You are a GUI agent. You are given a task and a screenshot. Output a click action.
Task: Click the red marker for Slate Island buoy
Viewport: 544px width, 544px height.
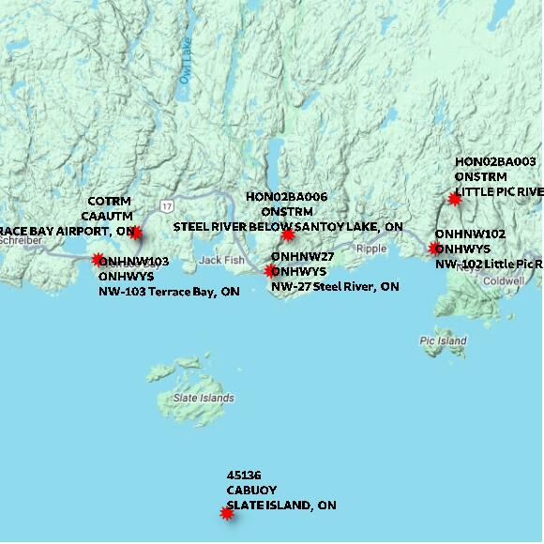(226, 513)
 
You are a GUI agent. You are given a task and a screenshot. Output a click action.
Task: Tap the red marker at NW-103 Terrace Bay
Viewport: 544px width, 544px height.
(98, 260)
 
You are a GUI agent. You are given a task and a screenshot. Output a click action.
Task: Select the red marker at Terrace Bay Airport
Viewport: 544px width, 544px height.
(136, 232)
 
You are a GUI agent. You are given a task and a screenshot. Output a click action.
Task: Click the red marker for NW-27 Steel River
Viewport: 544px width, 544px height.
(271, 271)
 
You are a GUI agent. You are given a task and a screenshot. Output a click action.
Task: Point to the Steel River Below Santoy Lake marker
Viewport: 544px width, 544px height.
(288, 234)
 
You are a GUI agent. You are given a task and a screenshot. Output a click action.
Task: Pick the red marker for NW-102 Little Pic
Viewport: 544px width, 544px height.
(434, 249)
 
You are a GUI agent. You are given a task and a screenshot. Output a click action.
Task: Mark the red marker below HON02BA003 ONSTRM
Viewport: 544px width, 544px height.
(455, 198)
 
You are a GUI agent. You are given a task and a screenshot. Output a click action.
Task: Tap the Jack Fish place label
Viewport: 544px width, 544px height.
(220, 259)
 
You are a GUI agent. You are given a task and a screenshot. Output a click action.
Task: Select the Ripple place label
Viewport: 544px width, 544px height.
(371, 249)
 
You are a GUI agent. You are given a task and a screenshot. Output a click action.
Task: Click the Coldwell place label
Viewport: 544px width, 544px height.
(505, 280)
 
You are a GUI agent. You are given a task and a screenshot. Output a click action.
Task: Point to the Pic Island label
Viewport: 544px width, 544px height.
(443, 341)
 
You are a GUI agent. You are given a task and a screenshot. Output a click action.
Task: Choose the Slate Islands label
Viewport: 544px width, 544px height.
(204, 398)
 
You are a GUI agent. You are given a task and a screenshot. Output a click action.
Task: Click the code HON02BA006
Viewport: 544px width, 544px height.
(286, 197)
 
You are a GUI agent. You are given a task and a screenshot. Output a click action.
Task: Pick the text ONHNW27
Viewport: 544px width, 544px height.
(302, 256)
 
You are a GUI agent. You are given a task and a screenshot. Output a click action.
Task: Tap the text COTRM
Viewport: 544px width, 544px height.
(110, 202)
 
